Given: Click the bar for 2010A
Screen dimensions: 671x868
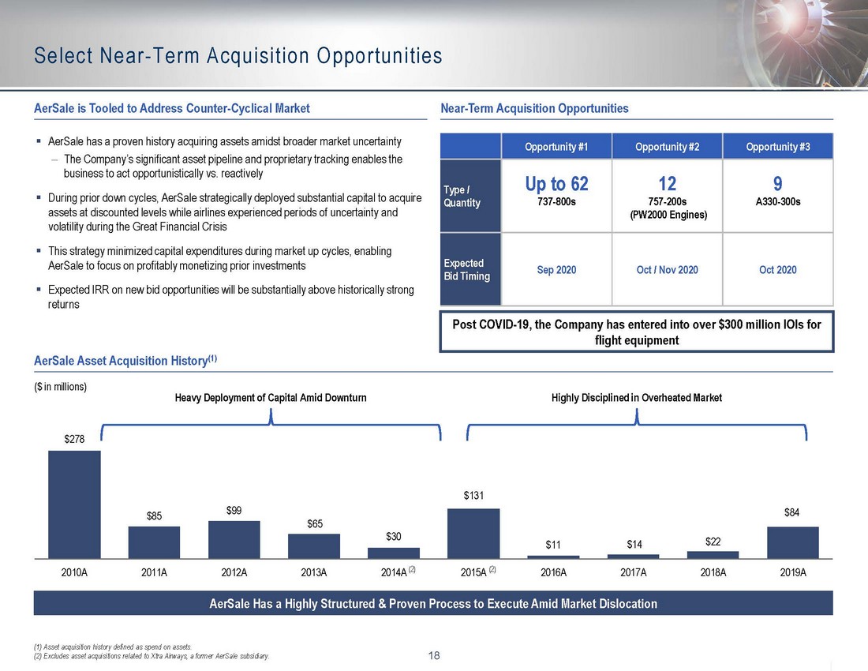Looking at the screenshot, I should pos(74,504).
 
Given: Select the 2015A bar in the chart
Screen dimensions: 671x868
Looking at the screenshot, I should pos(473,534).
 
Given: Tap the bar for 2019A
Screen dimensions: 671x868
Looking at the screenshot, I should pos(792,542).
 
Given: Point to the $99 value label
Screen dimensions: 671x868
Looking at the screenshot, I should pos(234,511).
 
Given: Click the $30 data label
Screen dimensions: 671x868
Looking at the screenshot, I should pos(394,537).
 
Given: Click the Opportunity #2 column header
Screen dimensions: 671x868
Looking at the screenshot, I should pos(667,147).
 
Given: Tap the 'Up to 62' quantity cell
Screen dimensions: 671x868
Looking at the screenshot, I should pos(557,184).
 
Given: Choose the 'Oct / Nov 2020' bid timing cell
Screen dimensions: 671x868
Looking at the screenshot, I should pos(667,270).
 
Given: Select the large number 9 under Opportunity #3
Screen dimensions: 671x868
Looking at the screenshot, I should pos(778,184).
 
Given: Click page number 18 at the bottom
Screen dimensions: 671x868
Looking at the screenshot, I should pos(434,654).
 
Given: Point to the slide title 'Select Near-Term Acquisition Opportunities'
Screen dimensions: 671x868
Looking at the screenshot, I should pos(238,56).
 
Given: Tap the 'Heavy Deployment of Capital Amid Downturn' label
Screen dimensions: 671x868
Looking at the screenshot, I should pos(271,398).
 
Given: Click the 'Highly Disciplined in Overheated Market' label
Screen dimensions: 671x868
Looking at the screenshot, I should pos(636,398).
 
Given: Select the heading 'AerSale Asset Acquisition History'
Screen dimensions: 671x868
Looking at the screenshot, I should pos(125,361).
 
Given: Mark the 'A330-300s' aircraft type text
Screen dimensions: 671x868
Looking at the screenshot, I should pos(778,202).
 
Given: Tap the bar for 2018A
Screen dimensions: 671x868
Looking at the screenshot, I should pos(713,555).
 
